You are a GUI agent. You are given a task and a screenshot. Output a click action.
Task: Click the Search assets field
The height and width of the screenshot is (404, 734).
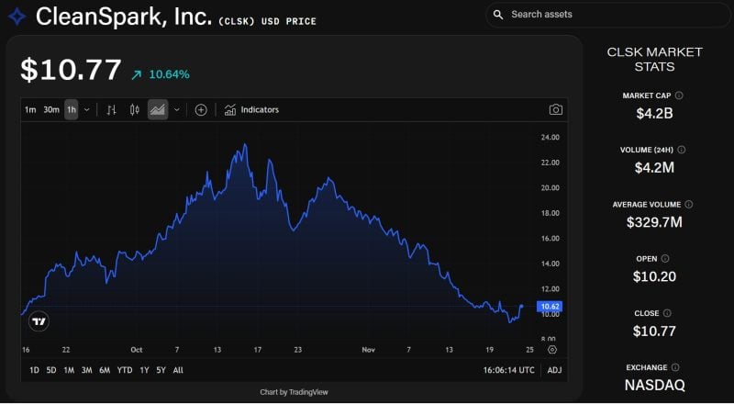click(606, 15)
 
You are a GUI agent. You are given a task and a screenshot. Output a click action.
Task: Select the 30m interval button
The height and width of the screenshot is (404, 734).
click(51, 110)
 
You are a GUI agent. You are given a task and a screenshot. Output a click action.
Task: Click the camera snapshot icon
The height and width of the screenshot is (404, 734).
click(555, 110)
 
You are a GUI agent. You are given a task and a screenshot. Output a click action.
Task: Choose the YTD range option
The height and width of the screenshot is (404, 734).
click(125, 370)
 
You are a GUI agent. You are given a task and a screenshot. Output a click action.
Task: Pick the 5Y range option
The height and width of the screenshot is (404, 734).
click(161, 370)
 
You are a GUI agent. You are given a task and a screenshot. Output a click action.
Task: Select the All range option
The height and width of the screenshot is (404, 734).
click(178, 370)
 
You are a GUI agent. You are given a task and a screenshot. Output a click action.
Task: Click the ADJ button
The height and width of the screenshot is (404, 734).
click(554, 370)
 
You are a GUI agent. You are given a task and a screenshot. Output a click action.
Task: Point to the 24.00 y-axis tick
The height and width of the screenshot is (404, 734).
click(550, 138)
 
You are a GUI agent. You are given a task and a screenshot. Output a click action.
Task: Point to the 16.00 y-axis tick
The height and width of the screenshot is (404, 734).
click(550, 239)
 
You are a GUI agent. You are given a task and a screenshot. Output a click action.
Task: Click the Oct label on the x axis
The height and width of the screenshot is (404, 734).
click(137, 350)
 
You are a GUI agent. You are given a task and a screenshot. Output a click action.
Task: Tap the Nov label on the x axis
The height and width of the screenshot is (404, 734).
click(369, 350)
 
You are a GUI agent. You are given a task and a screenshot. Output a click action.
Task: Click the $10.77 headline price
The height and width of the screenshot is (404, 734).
click(72, 71)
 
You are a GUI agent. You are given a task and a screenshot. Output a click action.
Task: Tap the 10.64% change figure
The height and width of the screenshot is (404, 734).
click(169, 74)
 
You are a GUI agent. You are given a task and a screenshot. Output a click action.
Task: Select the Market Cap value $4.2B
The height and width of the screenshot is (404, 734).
click(654, 114)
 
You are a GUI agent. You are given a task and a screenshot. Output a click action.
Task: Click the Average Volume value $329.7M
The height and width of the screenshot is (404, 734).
click(654, 221)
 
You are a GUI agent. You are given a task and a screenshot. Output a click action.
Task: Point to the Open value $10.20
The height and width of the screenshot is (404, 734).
click(654, 275)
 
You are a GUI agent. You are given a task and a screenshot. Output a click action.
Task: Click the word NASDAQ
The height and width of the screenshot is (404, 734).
click(654, 385)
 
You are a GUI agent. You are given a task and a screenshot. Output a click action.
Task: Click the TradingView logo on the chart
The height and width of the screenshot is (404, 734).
click(39, 321)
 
